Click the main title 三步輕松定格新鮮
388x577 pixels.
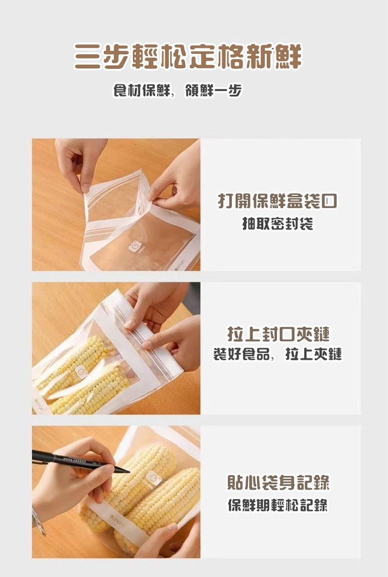(188, 56)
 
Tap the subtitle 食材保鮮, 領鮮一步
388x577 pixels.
(177, 90)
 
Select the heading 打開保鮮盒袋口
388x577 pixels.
(278, 201)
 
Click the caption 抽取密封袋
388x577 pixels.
(278, 224)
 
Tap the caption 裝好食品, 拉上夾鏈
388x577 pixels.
(278, 354)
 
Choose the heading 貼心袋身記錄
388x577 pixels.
(278, 482)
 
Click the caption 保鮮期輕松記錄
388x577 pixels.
(278, 505)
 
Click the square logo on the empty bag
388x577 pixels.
(135, 246)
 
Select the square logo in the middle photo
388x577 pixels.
(81, 372)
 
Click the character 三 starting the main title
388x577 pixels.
(87, 57)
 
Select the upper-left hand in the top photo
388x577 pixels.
(80, 162)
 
